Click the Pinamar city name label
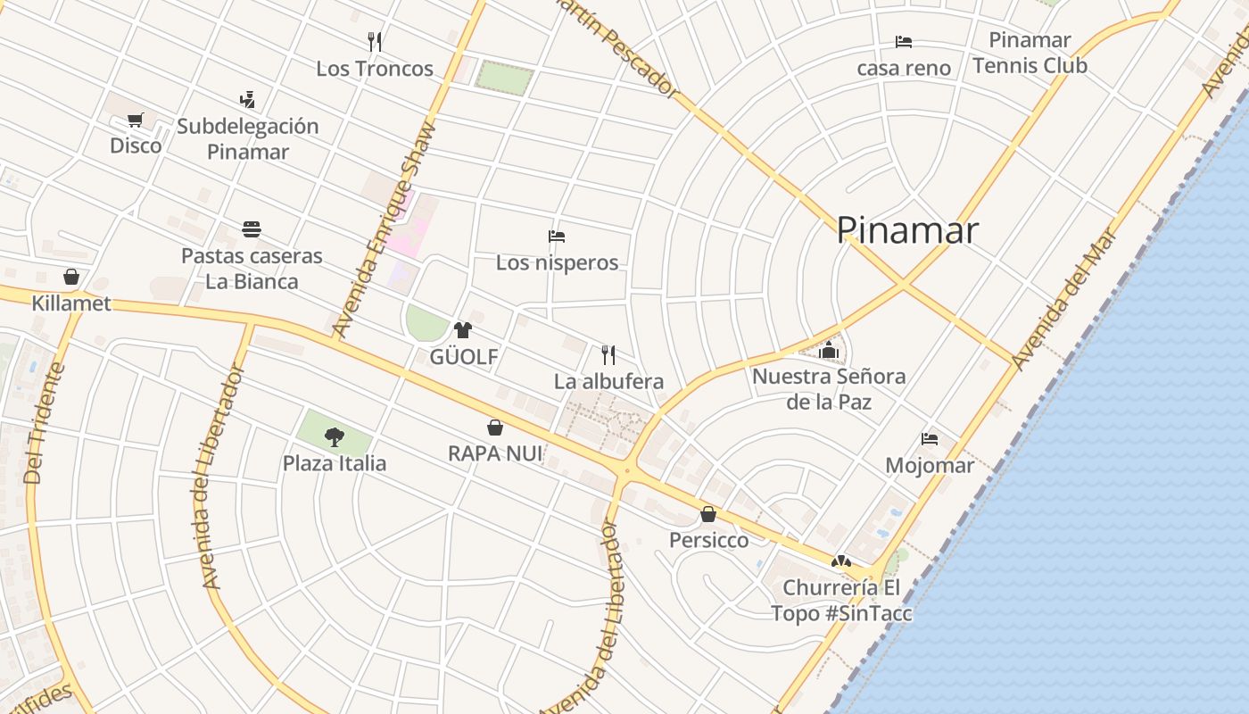coord(907,230)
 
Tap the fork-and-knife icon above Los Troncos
coord(375,42)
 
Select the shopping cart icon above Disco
coord(136,120)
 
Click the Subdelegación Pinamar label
coord(247,138)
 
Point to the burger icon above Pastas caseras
coord(251,229)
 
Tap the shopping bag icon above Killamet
coord(71,277)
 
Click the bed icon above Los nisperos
coord(557,237)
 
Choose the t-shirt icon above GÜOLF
coord(462,330)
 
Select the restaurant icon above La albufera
coord(608,355)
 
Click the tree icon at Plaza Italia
coord(335,436)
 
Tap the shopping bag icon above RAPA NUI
coord(495,428)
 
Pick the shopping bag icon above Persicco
coord(708,514)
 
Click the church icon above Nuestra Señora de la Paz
coord(829,349)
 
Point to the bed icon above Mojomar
coord(930,439)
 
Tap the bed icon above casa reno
coord(904,42)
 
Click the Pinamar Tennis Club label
coord(1030,53)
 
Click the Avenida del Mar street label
coord(1064,299)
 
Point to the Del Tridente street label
coord(45,423)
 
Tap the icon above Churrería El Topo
coord(840,561)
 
